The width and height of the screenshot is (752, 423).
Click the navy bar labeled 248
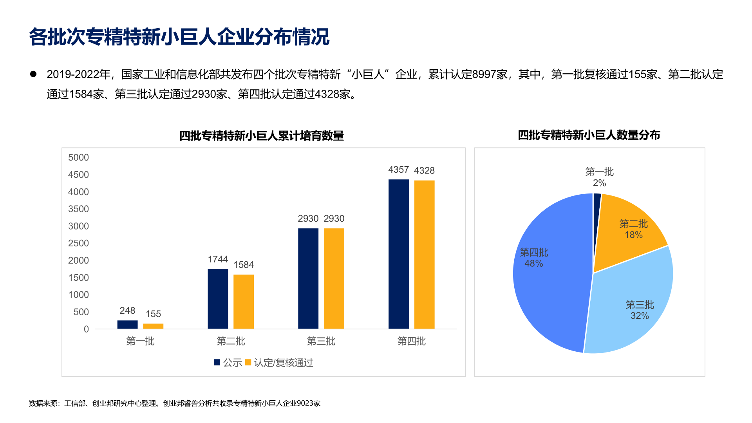coord(127,324)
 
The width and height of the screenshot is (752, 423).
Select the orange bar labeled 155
coord(153,326)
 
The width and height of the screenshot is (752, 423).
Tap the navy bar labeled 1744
coord(218,298)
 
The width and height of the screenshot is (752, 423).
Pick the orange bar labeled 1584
coord(244,301)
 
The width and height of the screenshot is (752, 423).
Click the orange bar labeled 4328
coord(424,254)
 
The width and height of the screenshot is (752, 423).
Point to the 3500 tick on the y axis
coord(78,209)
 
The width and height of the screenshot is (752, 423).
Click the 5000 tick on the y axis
coord(78,157)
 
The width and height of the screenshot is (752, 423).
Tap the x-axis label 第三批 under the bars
coord(321,341)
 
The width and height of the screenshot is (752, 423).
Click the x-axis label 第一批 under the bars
coord(140,341)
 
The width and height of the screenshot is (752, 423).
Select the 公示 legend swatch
coord(217,362)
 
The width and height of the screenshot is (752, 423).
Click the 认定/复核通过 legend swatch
coord(248,362)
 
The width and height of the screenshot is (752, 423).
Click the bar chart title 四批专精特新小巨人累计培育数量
coord(261,136)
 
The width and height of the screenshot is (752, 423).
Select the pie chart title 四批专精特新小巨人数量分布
coord(589,135)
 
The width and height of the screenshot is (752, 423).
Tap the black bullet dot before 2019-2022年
coord(33,74)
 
